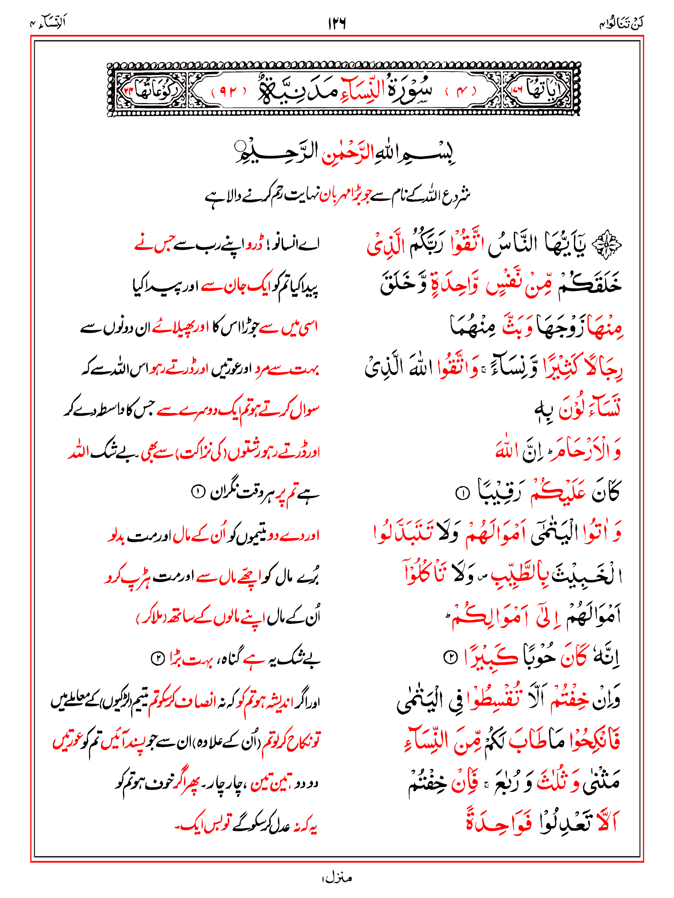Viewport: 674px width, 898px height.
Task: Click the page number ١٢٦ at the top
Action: [337, 23]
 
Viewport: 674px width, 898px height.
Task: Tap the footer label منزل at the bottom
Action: [337, 877]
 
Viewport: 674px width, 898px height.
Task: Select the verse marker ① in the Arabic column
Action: [462, 493]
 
